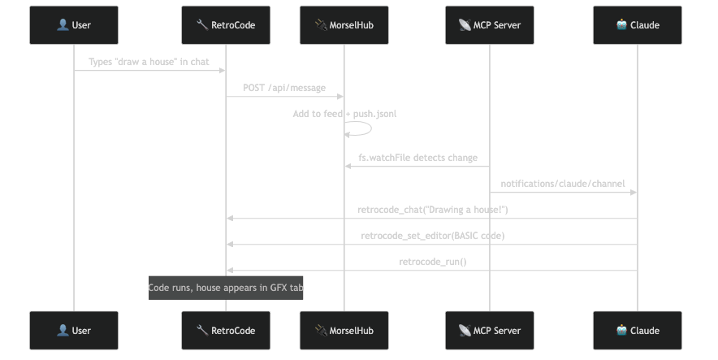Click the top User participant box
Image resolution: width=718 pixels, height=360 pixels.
[x=74, y=24]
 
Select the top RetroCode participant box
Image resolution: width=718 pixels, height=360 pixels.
[x=226, y=24]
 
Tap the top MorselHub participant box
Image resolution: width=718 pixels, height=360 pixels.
[x=344, y=24]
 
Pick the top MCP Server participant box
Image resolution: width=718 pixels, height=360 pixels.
[x=489, y=24]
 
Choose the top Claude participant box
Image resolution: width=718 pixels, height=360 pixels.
[x=638, y=24]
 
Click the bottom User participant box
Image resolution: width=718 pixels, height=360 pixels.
[x=74, y=330]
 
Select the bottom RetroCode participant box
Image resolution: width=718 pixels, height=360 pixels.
[x=226, y=330]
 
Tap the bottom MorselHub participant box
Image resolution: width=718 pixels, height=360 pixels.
[x=344, y=330]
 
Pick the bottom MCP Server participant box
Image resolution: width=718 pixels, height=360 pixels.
[x=489, y=330]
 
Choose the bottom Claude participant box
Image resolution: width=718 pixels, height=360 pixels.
[x=638, y=330]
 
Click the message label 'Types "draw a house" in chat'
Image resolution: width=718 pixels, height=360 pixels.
[x=149, y=62]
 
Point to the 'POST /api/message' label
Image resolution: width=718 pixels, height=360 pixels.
[x=284, y=88]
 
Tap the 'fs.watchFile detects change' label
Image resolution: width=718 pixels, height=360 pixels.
[x=417, y=158]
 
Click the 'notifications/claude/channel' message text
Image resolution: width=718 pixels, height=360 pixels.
[x=563, y=184]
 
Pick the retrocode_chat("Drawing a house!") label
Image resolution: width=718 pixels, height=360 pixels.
[x=432, y=210]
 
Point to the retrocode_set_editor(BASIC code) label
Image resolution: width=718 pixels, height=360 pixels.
[x=432, y=236]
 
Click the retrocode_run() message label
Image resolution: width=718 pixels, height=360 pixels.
[x=432, y=262]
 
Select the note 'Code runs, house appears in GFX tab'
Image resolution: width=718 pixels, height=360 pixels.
[x=226, y=288]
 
